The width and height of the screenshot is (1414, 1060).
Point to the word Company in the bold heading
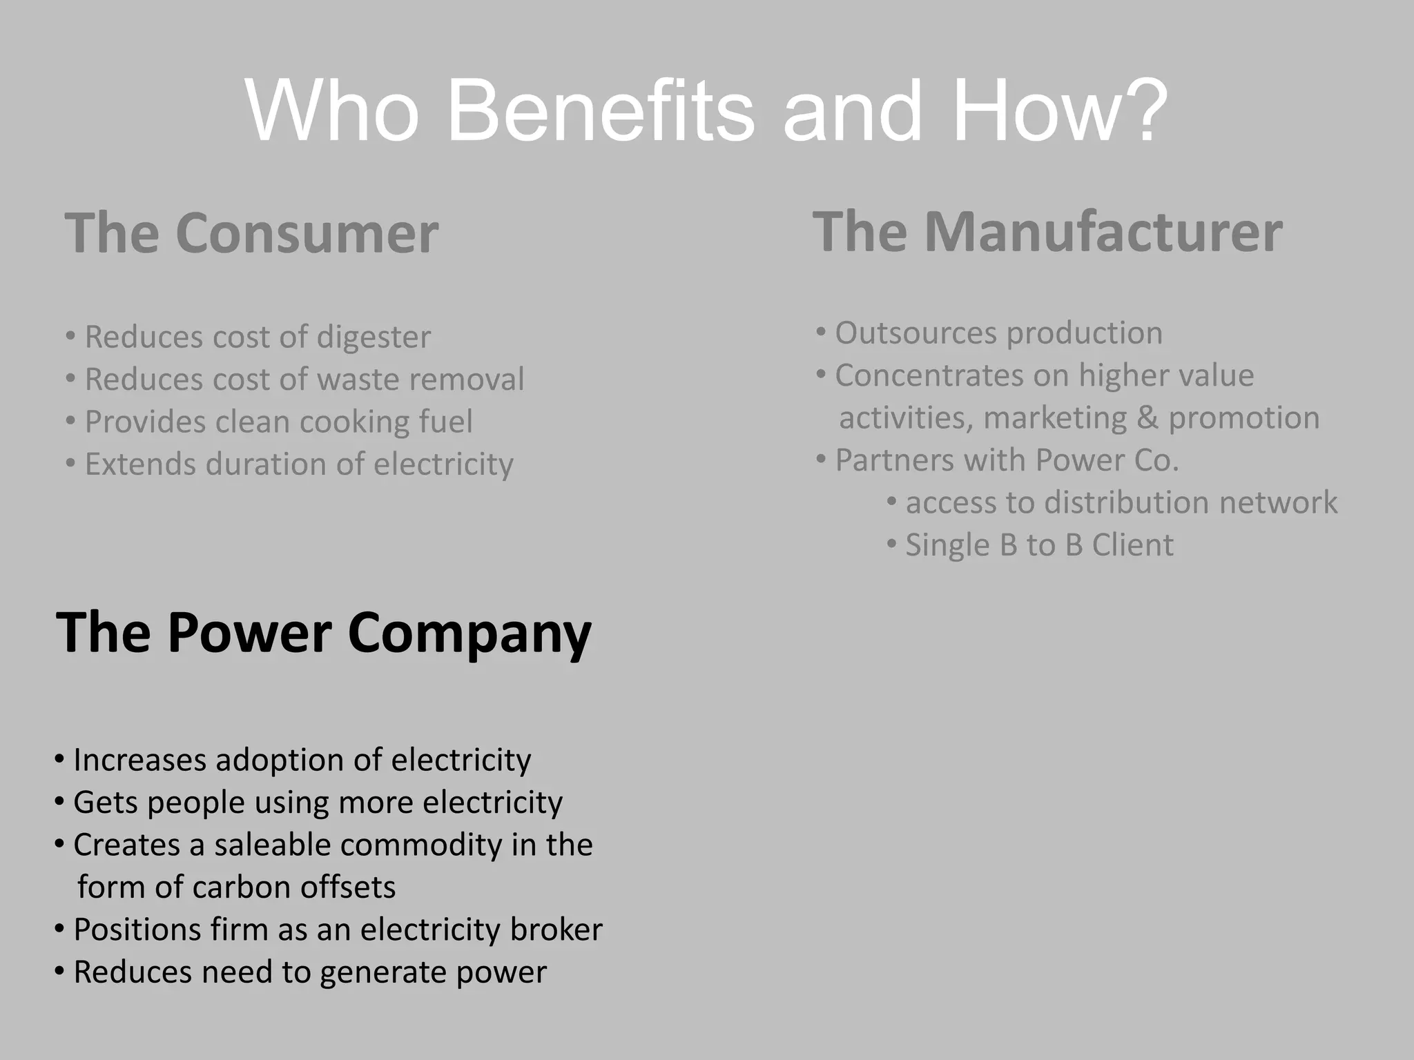(x=469, y=634)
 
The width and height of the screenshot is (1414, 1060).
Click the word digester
(x=374, y=337)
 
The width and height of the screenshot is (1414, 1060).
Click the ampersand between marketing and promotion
(x=1147, y=418)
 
